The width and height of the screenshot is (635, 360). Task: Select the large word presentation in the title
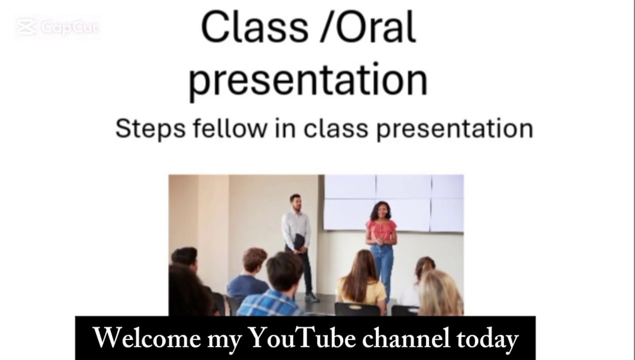308,80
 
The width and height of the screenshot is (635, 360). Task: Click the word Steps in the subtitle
150,129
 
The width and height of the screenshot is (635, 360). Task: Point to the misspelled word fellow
230,128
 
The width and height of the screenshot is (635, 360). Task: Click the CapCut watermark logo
58,27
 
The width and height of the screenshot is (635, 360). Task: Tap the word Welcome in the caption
147,338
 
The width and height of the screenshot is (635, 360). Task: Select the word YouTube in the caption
303,337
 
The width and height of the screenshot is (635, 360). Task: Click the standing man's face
296,203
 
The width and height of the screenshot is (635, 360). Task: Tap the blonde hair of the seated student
440,292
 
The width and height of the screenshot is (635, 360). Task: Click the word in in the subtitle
285,128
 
